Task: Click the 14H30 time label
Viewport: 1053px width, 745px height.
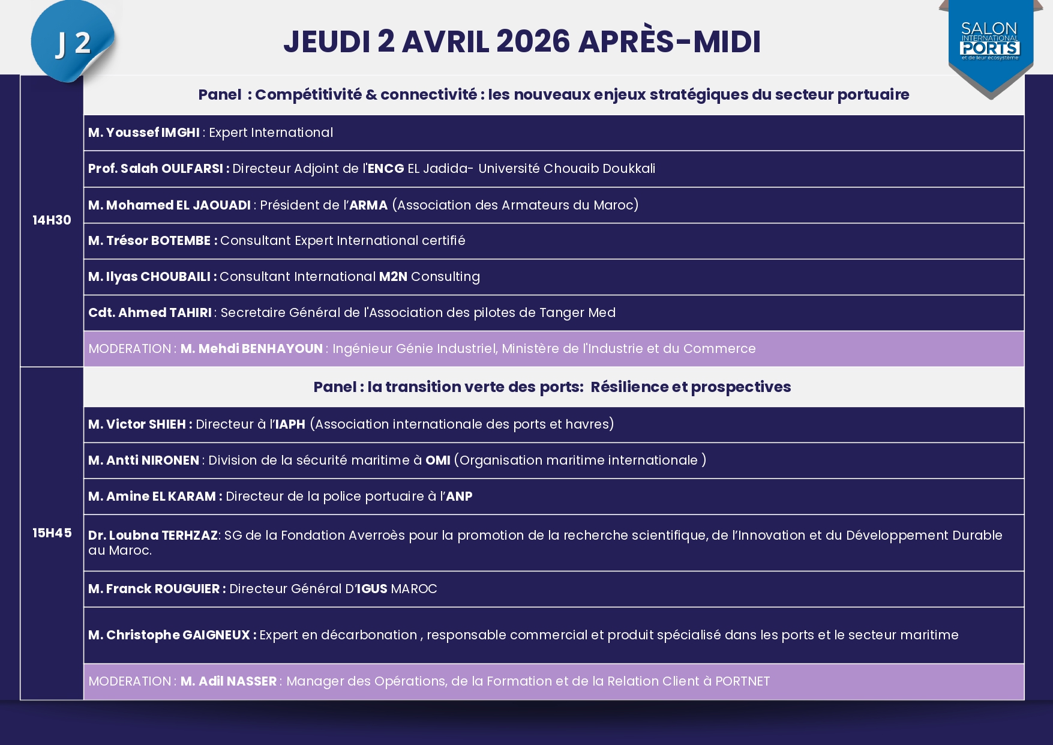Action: coord(52,220)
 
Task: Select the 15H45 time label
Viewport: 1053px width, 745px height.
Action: coord(52,533)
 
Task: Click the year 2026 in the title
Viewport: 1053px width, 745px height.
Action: coord(533,41)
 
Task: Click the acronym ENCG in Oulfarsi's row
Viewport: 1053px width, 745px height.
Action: coord(386,169)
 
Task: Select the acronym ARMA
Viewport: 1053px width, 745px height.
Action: coord(368,205)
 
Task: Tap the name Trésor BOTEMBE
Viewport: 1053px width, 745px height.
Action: coord(158,241)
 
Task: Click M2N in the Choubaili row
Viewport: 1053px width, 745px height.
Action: coord(393,277)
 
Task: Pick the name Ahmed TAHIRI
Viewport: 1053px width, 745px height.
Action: coord(165,313)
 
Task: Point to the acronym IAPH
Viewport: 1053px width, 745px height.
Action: coord(290,424)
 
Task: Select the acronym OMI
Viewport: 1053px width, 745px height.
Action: coord(438,460)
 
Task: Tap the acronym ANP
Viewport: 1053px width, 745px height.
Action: coord(459,496)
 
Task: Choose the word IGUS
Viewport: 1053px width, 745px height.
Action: coord(373,589)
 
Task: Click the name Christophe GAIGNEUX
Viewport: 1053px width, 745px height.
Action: coord(178,635)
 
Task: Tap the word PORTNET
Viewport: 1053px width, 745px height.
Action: coord(742,681)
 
